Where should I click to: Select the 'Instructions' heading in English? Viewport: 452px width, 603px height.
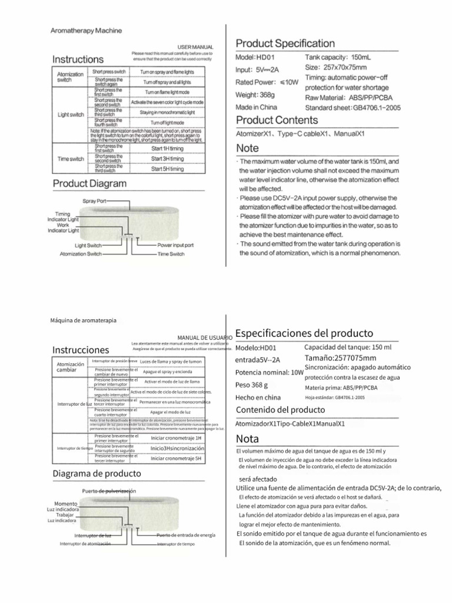click(78, 59)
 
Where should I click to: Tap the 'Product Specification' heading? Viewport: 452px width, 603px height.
click(285, 44)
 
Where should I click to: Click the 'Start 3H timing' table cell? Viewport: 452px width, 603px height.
click(167, 158)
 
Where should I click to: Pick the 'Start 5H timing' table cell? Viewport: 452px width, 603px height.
click(167, 169)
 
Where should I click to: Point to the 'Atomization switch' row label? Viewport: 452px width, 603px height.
click(71, 77)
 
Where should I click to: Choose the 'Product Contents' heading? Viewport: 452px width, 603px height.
click(277, 121)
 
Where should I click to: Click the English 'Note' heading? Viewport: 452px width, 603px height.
click(247, 148)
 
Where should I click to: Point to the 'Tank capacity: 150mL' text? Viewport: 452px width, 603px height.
click(335, 58)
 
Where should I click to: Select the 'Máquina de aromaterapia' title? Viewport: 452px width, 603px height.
click(84, 320)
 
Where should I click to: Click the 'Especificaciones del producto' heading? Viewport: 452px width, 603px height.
click(304, 333)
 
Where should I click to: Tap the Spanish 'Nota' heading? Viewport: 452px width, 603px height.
click(247, 439)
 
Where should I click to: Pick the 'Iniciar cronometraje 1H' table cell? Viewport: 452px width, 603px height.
click(175, 438)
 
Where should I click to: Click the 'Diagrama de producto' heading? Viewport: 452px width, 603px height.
click(97, 473)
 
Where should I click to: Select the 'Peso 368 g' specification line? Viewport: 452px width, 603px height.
click(252, 385)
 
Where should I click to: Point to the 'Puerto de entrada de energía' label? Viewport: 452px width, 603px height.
click(185, 535)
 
